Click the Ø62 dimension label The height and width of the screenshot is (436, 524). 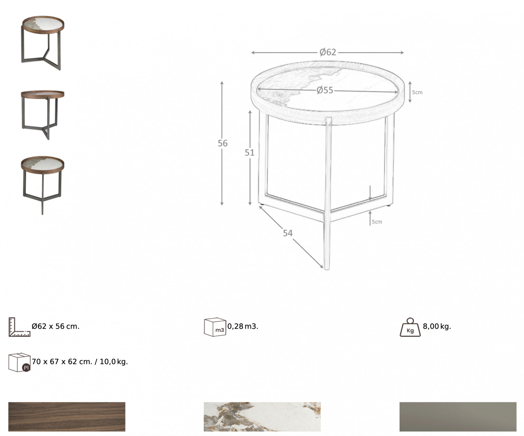328,52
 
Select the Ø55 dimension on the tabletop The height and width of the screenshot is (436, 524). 325,90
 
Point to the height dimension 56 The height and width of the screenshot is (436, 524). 223,143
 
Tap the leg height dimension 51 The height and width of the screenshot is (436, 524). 250,153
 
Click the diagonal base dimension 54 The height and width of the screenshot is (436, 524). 288,233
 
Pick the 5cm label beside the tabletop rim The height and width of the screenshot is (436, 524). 417,92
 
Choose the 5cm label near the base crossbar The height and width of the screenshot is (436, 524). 377,222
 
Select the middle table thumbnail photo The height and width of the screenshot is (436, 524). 42,115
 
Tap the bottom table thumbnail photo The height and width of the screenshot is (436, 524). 42,185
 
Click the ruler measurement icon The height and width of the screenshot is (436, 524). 19,327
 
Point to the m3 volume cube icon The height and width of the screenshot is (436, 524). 215,327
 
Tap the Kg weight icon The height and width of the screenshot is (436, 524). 410,327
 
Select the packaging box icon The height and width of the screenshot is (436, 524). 19,362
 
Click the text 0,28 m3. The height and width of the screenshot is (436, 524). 243,326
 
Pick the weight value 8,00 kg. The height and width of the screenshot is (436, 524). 437,326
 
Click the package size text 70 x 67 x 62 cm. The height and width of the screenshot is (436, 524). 62,362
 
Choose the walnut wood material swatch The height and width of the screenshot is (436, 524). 67,417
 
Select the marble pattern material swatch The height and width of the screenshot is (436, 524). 262,417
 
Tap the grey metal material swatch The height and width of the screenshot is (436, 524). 458,417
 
